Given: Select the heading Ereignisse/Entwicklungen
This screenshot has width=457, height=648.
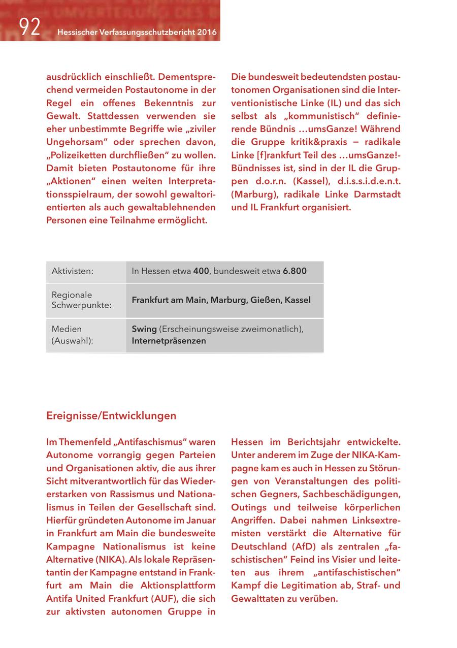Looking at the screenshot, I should pos(111,415).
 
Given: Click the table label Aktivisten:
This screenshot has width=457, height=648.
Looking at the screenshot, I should pos(73,271).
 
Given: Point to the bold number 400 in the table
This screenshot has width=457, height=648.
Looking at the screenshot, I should pos(201,271).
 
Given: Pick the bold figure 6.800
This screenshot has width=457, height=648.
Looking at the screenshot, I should pos(295,271).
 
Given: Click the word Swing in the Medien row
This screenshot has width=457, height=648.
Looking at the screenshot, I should pos(144,329).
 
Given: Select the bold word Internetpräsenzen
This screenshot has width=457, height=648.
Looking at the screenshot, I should pos(169,341).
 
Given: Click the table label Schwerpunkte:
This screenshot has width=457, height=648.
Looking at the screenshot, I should pos(81,305).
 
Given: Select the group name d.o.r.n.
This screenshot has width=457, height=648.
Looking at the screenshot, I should pos(272,181).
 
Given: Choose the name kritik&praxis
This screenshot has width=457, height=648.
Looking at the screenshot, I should pos(314,142).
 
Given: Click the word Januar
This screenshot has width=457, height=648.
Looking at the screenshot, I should pos(201,521).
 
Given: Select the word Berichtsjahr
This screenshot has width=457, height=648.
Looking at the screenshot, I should pos(324,442).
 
